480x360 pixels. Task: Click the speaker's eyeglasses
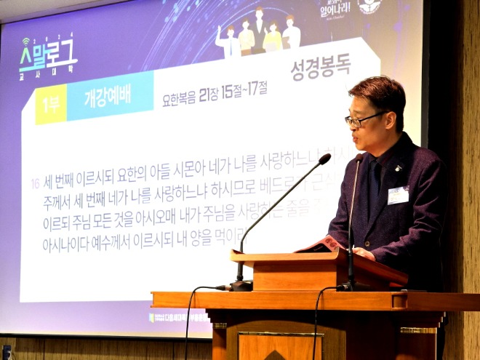pyautogui.click(x=363, y=119)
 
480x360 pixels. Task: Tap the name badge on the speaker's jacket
pyautogui.click(x=398, y=195)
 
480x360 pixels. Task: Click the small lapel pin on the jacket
pyautogui.click(x=398, y=169)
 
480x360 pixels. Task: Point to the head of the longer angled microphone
pyautogui.click(x=324, y=159)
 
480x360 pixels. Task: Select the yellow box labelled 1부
pyautogui.click(x=51, y=105)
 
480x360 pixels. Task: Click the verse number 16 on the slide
pyautogui.click(x=34, y=183)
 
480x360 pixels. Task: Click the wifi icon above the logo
pyautogui.click(x=27, y=42)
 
